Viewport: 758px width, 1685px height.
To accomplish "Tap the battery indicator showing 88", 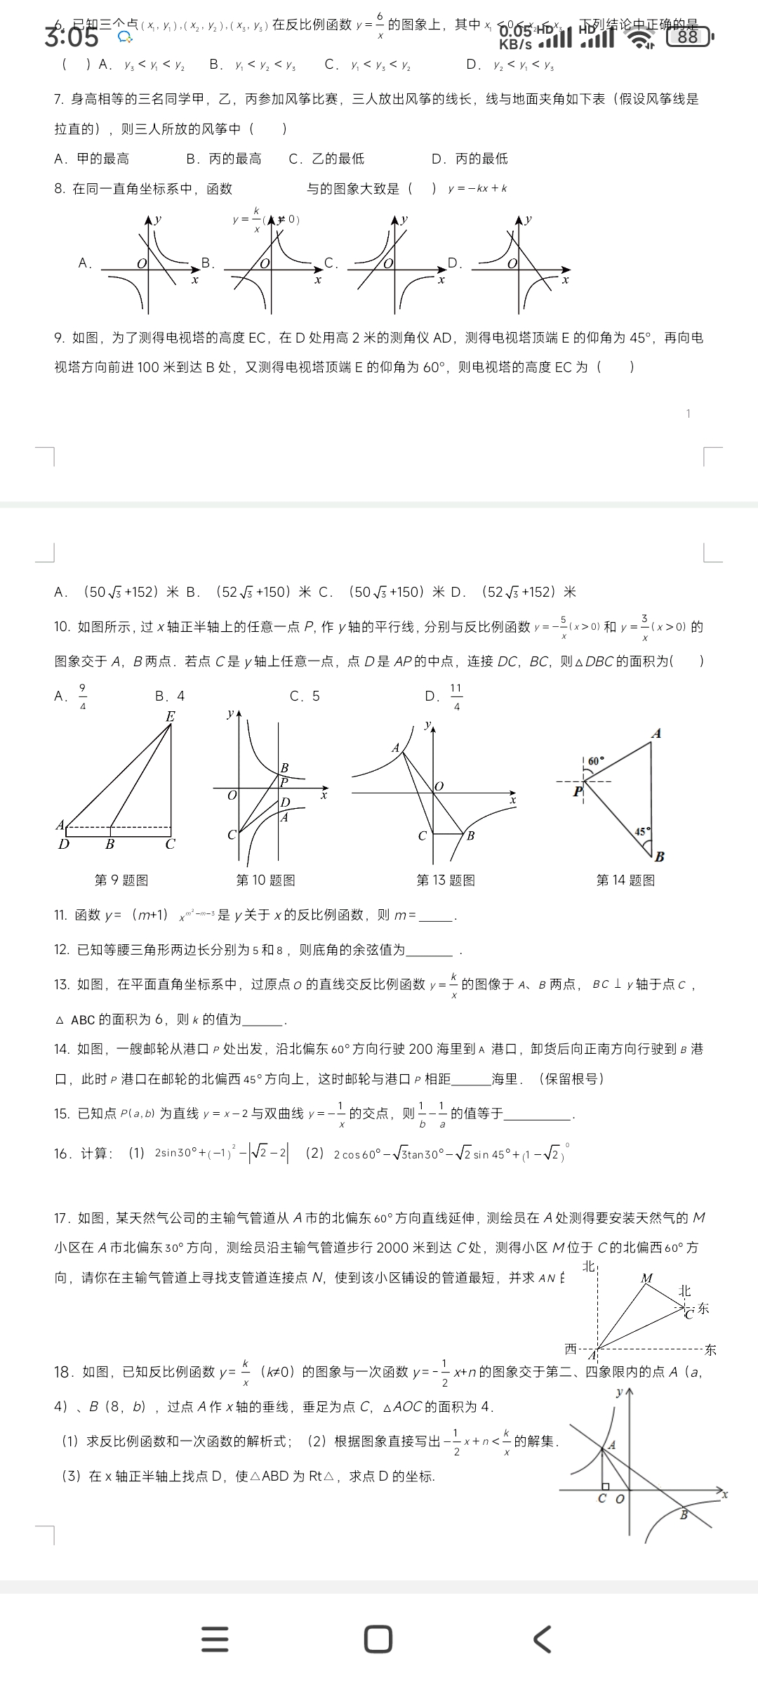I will click(x=689, y=37).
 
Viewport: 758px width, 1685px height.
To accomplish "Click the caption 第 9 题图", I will click(x=121, y=880).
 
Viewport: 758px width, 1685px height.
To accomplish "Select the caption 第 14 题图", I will click(x=625, y=880).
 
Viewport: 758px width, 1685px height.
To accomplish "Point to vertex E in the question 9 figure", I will click(x=170, y=717).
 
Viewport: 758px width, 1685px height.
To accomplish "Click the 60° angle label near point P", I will click(x=596, y=761).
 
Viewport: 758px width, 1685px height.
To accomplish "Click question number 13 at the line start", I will click(x=62, y=984).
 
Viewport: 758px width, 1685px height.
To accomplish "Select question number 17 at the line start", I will click(x=62, y=1217).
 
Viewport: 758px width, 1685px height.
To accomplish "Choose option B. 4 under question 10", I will click(x=170, y=696).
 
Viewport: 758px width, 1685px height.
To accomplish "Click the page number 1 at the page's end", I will click(x=688, y=414).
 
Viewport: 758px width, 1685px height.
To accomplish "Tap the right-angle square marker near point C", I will click(x=604, y=1486).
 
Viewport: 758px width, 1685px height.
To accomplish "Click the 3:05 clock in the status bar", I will click(x=71, y=37).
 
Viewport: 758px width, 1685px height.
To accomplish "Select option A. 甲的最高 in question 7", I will click(x=91, y=159).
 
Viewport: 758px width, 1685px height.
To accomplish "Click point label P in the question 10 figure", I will click(x=284, y=781).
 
